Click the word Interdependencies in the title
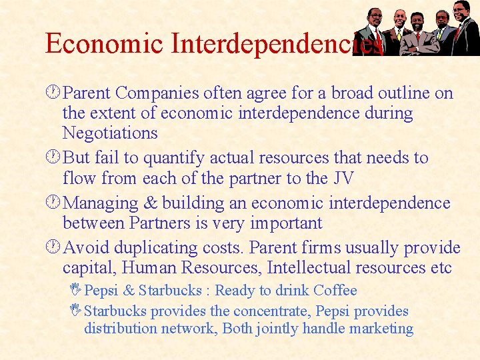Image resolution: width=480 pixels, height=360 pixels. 277,44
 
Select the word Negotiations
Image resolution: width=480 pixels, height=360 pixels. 110,133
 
